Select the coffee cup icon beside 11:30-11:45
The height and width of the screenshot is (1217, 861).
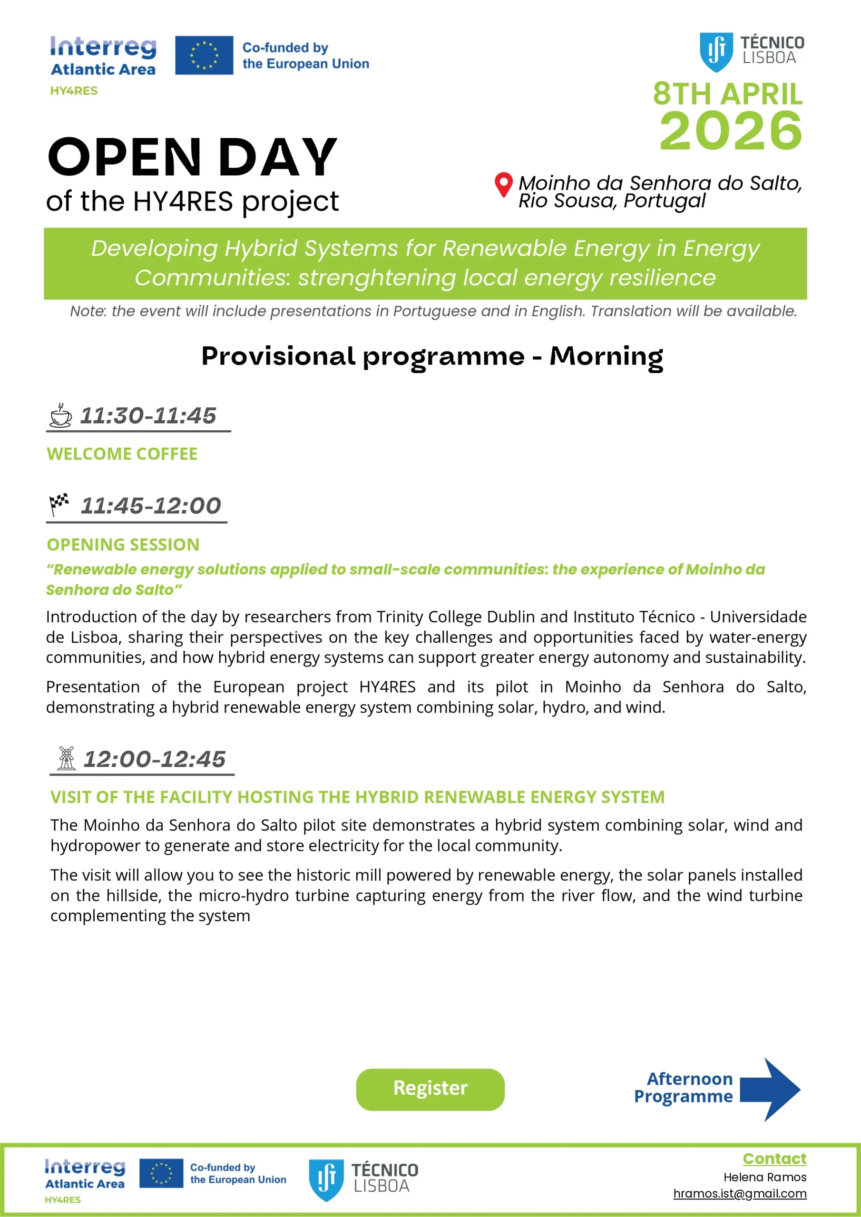pos(60,415)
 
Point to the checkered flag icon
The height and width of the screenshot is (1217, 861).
pos(59,503)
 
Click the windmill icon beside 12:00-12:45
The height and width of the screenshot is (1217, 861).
pos(66,757)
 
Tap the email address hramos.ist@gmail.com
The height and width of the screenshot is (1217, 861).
pos(740,1193)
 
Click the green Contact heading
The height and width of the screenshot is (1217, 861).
pos(774,1159)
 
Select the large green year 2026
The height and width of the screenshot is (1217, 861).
pos(731,130)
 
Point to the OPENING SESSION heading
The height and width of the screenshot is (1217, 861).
pos(123,544)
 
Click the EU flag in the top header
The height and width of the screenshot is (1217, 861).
pos(204,55)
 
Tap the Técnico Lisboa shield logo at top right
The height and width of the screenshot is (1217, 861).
pos(716,51)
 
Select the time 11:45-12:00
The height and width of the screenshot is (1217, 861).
pos(151,506)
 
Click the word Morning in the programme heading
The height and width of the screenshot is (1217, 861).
pos(606,356)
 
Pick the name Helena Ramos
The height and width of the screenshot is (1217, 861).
pos(764,1177)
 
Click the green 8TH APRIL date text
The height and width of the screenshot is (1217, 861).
pos(727,94)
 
